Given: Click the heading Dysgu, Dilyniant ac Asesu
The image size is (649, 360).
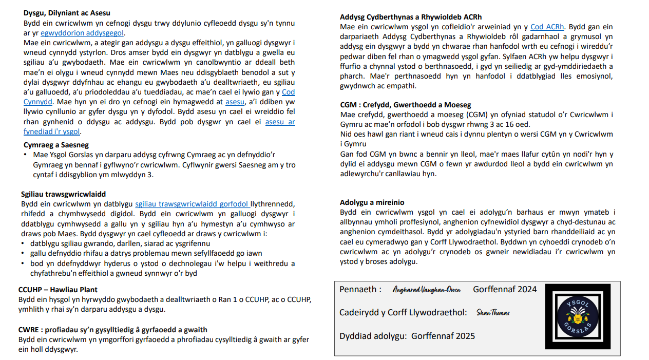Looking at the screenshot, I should tap(67, 13).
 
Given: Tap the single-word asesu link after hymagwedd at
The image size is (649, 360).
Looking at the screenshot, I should tap(235, 102).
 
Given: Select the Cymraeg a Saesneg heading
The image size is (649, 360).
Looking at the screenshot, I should tap(56, 145).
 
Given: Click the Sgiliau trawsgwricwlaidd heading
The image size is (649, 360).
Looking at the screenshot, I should tap(63, 194).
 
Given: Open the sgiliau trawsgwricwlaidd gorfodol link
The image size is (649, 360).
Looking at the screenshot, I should tap(192, 204).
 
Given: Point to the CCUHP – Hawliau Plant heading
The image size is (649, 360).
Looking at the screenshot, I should tap(58, 290).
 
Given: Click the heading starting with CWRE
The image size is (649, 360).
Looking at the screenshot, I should tap(112, 330).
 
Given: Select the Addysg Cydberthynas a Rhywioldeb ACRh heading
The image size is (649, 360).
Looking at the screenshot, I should tap(411, 17).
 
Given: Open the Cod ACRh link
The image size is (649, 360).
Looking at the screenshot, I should tap(547, 27).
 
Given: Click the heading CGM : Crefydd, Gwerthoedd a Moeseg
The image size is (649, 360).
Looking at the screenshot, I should tap(405, 105).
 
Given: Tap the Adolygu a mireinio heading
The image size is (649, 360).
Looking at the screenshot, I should tap(372, 202).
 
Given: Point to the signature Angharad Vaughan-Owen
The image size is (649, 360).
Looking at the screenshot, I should tap(427, 290).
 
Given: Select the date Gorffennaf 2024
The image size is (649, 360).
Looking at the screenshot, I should tap(505, 289).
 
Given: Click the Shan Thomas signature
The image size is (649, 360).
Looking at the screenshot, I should tap(493, 313).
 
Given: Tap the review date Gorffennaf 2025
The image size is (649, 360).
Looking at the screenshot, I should tap(443, 336).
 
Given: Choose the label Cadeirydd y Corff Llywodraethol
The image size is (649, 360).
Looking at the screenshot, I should tap(403, 312).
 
